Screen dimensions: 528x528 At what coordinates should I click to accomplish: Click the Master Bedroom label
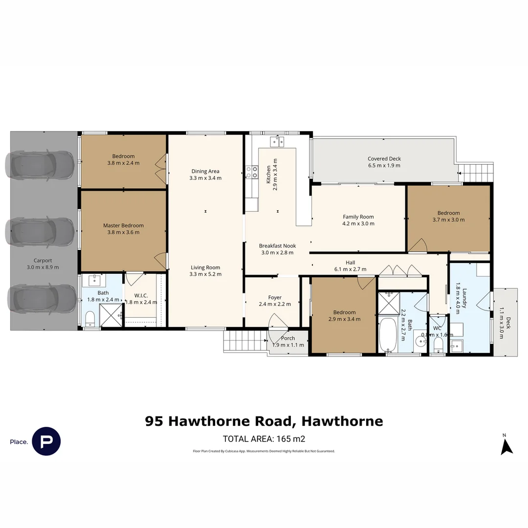123,225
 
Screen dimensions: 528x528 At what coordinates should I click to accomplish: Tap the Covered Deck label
384,159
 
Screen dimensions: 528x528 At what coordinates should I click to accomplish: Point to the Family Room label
358,217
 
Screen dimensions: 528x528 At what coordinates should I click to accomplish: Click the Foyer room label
275,298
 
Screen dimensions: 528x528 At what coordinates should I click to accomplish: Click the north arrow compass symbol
506,445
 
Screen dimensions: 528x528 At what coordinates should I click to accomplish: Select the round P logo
46,441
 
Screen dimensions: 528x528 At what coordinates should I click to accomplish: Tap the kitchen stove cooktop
252,172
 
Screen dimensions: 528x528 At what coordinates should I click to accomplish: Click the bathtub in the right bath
389,335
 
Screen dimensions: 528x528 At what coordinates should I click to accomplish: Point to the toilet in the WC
438,345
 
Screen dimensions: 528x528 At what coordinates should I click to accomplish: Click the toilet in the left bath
90,319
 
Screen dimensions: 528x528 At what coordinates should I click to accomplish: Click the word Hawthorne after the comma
342,421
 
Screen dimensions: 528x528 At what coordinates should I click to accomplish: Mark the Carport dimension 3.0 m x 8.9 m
43,267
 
